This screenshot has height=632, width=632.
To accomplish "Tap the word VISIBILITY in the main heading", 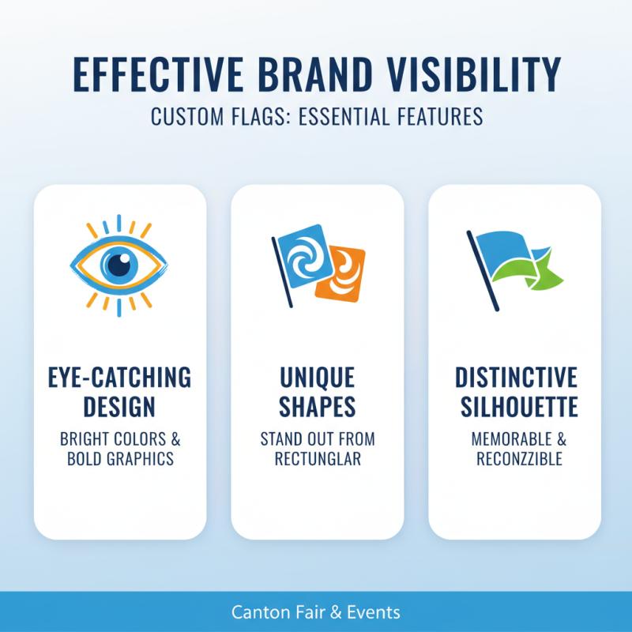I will click(x=477, y=76).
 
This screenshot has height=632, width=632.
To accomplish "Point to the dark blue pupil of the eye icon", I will click(x=119, y=264).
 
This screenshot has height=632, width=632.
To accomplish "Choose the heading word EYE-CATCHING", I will click(x=120, y=378).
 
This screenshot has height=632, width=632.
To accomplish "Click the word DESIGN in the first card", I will click(x=120, y=408).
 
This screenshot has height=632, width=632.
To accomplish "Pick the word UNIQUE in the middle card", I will click(x=317, y=378).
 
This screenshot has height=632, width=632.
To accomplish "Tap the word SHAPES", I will click(x=317, y=408).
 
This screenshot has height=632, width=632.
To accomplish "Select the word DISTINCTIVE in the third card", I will click(x=516, y=378).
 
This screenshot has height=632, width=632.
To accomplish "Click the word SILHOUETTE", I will click(x=516, y=408).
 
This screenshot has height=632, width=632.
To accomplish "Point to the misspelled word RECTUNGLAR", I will click(x=317, y=459).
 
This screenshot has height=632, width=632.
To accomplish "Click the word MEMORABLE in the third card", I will click(x=506, y=438).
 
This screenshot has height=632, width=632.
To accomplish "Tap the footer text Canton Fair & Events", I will click(x=316, y=612).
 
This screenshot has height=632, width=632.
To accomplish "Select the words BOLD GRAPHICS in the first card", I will click(x=120, y=459).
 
